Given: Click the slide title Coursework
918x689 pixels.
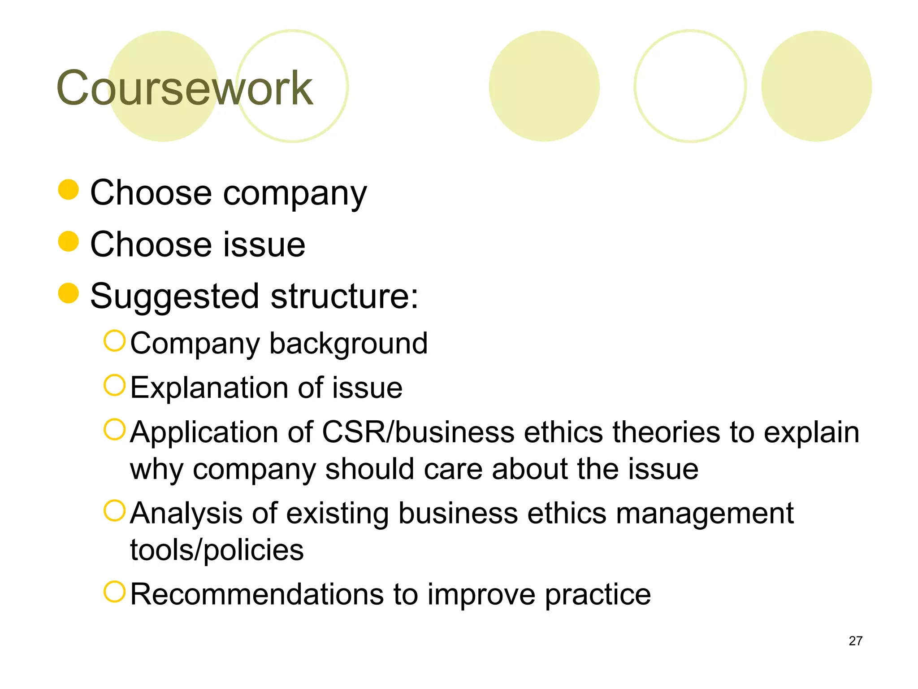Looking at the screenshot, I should tap(184, 88).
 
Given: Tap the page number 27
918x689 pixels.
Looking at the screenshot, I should tap(855, 641).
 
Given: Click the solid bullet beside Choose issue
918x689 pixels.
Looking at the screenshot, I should tap(69, 241).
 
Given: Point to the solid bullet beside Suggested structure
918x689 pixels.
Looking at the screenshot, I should tap(69, 293).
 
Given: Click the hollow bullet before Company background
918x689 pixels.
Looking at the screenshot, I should tap(114, 341).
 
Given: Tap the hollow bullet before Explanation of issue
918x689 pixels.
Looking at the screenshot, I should tap(114, 385).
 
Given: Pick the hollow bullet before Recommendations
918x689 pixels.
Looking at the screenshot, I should tap(114, 592).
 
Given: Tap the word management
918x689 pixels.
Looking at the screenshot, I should tap(705, 513).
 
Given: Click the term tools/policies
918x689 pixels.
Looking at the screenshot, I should tap(217, 550).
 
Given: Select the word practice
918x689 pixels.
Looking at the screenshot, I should tap(598, 595).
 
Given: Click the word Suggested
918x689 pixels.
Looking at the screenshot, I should tap(175, 297).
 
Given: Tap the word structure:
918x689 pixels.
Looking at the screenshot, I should tap(344, 297).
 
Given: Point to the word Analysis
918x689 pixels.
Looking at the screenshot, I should tap(186, 513).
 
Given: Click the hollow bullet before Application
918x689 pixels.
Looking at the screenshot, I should tap(114, 429).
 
